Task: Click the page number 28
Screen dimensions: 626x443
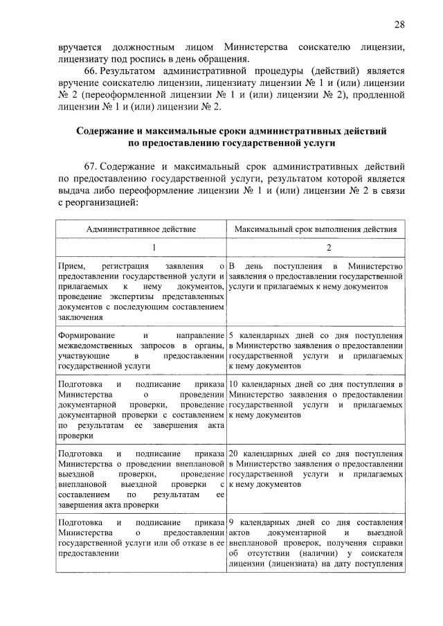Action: (399, 25)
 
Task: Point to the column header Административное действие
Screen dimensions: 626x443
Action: (141, 229)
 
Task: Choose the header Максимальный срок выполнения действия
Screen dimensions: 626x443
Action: (316, 229)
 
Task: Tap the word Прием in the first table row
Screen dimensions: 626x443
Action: (72, 266)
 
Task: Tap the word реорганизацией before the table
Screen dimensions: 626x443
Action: (103, 203)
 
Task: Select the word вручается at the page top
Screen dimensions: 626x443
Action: (80, 47)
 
